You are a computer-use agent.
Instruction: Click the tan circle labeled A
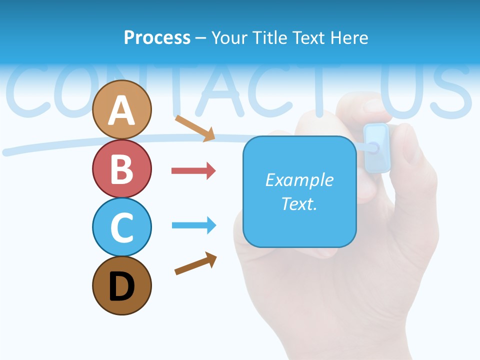pyautogui.click(x=122, y=109)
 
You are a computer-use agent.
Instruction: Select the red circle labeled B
pyautogui.click(x=122, y=168)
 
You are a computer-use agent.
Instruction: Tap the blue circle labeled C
pyautogui.click(x=122, y=227)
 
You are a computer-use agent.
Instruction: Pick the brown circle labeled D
pyautogui.click(x=122, y=285)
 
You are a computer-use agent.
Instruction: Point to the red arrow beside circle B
pyautogui.click(x=193, y=171)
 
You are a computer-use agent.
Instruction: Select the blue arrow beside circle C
pyautogui.click(x=193, y=225)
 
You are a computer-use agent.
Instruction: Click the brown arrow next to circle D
pyautogui.click(x=195, y=263)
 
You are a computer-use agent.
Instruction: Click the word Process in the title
pyautogui.click(x=157, y=37)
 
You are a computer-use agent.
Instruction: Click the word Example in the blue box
pyautogui.click(x=299, y=180)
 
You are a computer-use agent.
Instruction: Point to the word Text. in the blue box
pyautogui.click(x=299, y=203)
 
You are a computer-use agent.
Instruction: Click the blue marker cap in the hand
pyautogui.click(x=376, y=147)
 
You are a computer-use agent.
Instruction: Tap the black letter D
pyautogui.click(x=122, y=286)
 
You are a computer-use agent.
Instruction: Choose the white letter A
pyautogui.click(x=122, y=110)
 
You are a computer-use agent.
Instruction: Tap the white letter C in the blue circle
pyautogui.click(x=122, y=227)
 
